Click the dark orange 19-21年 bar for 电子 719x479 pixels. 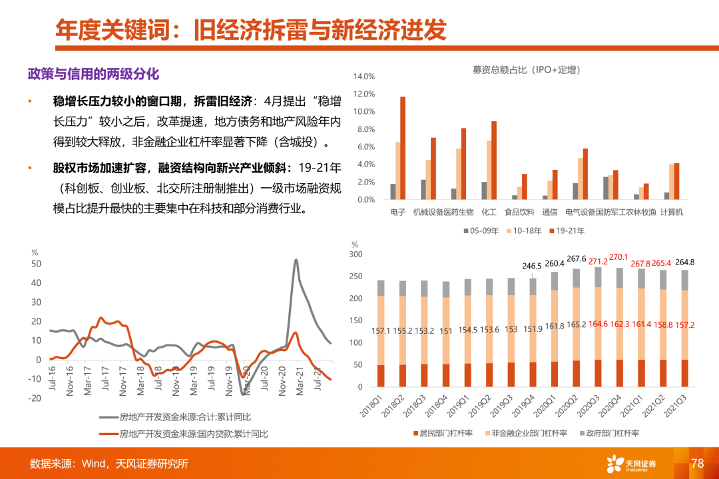click(x=403, y=148)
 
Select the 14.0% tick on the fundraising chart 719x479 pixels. click(x=365, y=77)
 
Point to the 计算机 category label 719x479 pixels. click(x=670, y=213)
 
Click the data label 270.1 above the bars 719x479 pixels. click(x=618, y=256)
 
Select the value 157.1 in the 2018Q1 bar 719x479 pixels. click(x=381, y=330)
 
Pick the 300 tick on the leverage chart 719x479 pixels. click(x=356, y=254)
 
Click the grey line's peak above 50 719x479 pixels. click(x=296, y=260)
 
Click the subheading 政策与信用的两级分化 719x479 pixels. click(x=93, y=73)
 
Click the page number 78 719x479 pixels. click(x=697, y=463)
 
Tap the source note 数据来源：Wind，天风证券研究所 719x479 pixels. click(x=109, y=464)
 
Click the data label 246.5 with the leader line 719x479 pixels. click(x=513, y=265)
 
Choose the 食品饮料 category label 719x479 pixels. click(x=520, y=213)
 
